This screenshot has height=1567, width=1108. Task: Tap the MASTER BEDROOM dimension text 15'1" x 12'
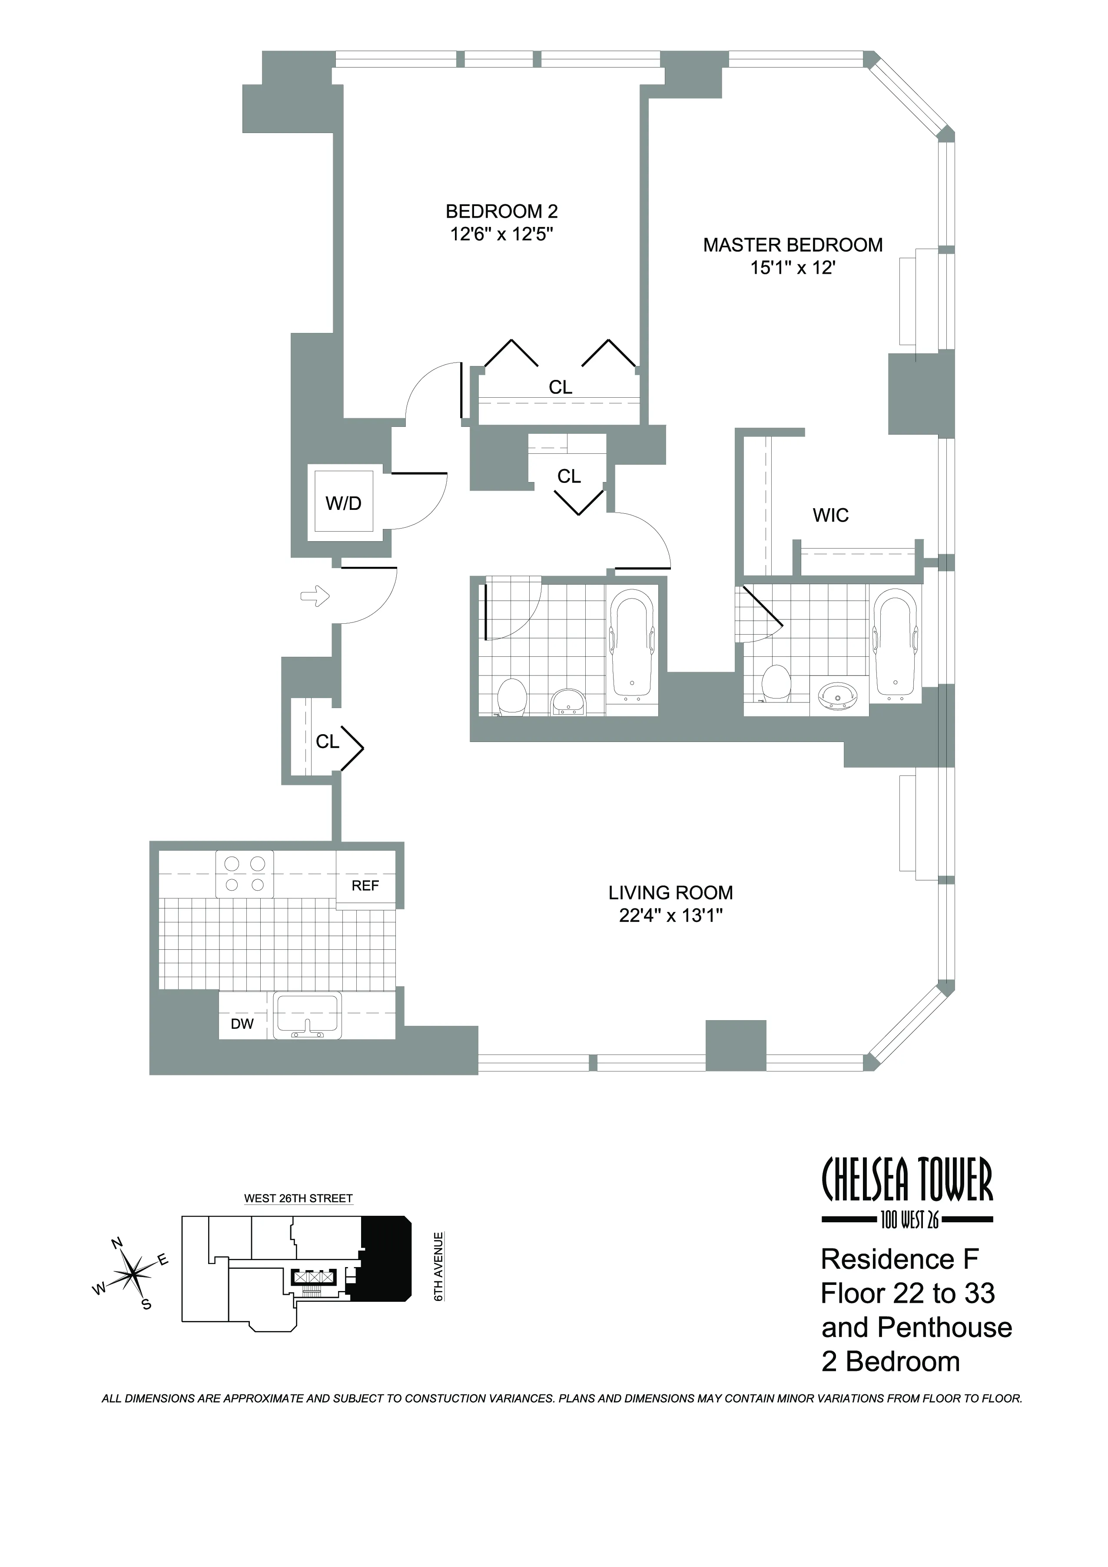click(x=793, y=268)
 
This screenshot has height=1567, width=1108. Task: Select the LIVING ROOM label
click(x=671, y=893)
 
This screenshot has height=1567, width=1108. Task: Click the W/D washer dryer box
click(x=343, y=504)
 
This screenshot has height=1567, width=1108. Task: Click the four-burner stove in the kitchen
click(x=244, y=874)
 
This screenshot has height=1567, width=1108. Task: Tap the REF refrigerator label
click(x=365, y=886)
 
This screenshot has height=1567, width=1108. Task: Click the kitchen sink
click(x=307, y=1015)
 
